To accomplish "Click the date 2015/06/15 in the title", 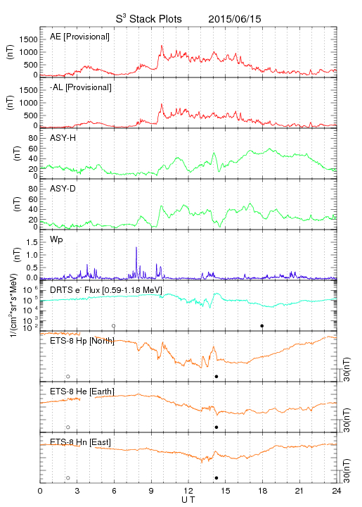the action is coord(235,19).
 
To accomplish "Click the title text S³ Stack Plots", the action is coord(149,18).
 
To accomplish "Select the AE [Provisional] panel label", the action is coord(79,37).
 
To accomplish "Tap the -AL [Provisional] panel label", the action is coord(81,87).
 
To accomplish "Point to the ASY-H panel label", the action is coord(63,138).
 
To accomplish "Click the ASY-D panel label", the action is coord(63,189).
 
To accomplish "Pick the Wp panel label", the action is coord(56,239).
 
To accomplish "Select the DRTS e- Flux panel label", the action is coord(106,290).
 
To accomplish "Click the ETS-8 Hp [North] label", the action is coord(82,341).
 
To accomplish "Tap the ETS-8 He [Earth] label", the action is coord(82,392).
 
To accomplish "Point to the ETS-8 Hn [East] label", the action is coord(80,442).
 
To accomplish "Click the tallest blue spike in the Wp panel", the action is coord(136,248).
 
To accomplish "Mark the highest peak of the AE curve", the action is coord(162,46).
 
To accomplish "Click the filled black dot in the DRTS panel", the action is coord(262,325).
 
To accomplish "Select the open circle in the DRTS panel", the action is coord(114,325).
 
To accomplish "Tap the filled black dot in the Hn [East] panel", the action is coord(216,477).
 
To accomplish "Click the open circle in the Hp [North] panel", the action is coord(68,376).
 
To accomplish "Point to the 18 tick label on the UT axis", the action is coord(263,491).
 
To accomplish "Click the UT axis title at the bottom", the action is coord(188,500).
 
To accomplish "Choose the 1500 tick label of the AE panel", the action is coord(29,39).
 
